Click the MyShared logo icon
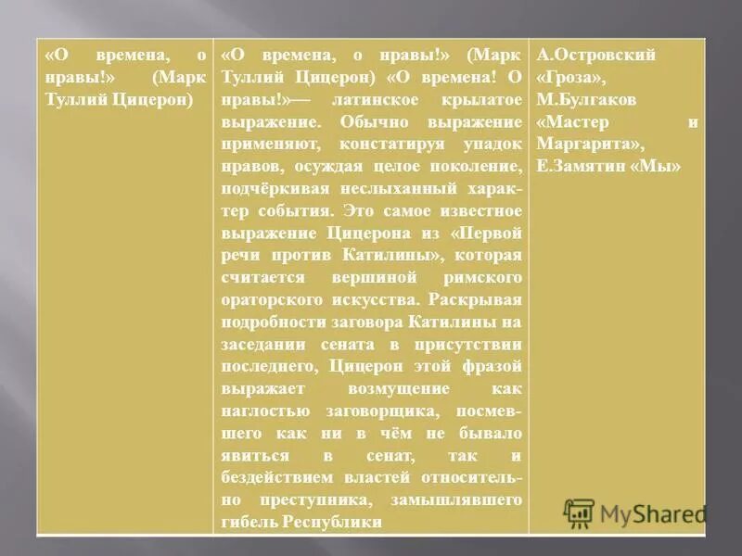[579, 513]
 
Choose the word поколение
[474, 167]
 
